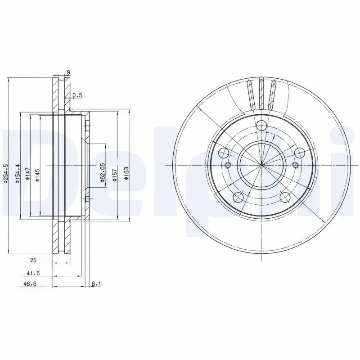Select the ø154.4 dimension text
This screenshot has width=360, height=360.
pos(18,173)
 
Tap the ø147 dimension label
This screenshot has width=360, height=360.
pos(27,173)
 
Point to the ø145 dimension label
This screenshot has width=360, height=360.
pos(38,173)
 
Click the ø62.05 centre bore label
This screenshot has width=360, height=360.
pos(103,173)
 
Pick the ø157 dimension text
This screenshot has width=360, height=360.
pos(115,173)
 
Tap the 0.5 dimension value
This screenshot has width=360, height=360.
pos(77,94)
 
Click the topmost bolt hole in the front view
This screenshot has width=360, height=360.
pos(261,126)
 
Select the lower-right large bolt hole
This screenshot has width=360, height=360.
pos(285,197)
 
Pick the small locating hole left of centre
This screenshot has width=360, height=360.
pos(228,165)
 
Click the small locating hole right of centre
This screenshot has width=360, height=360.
pos(296,165)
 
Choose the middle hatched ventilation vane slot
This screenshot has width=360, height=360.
pos(261,94)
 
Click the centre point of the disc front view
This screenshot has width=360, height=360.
pos(261,165)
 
